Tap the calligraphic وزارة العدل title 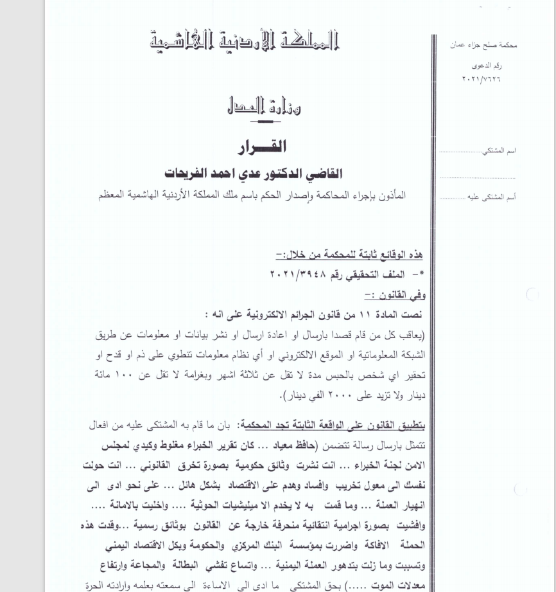pos(264,105)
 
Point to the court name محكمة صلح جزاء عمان pos(483,46)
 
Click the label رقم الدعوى pos(487,66)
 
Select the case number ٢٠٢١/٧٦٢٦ pos(482,79)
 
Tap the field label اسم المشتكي pos(502,150)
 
